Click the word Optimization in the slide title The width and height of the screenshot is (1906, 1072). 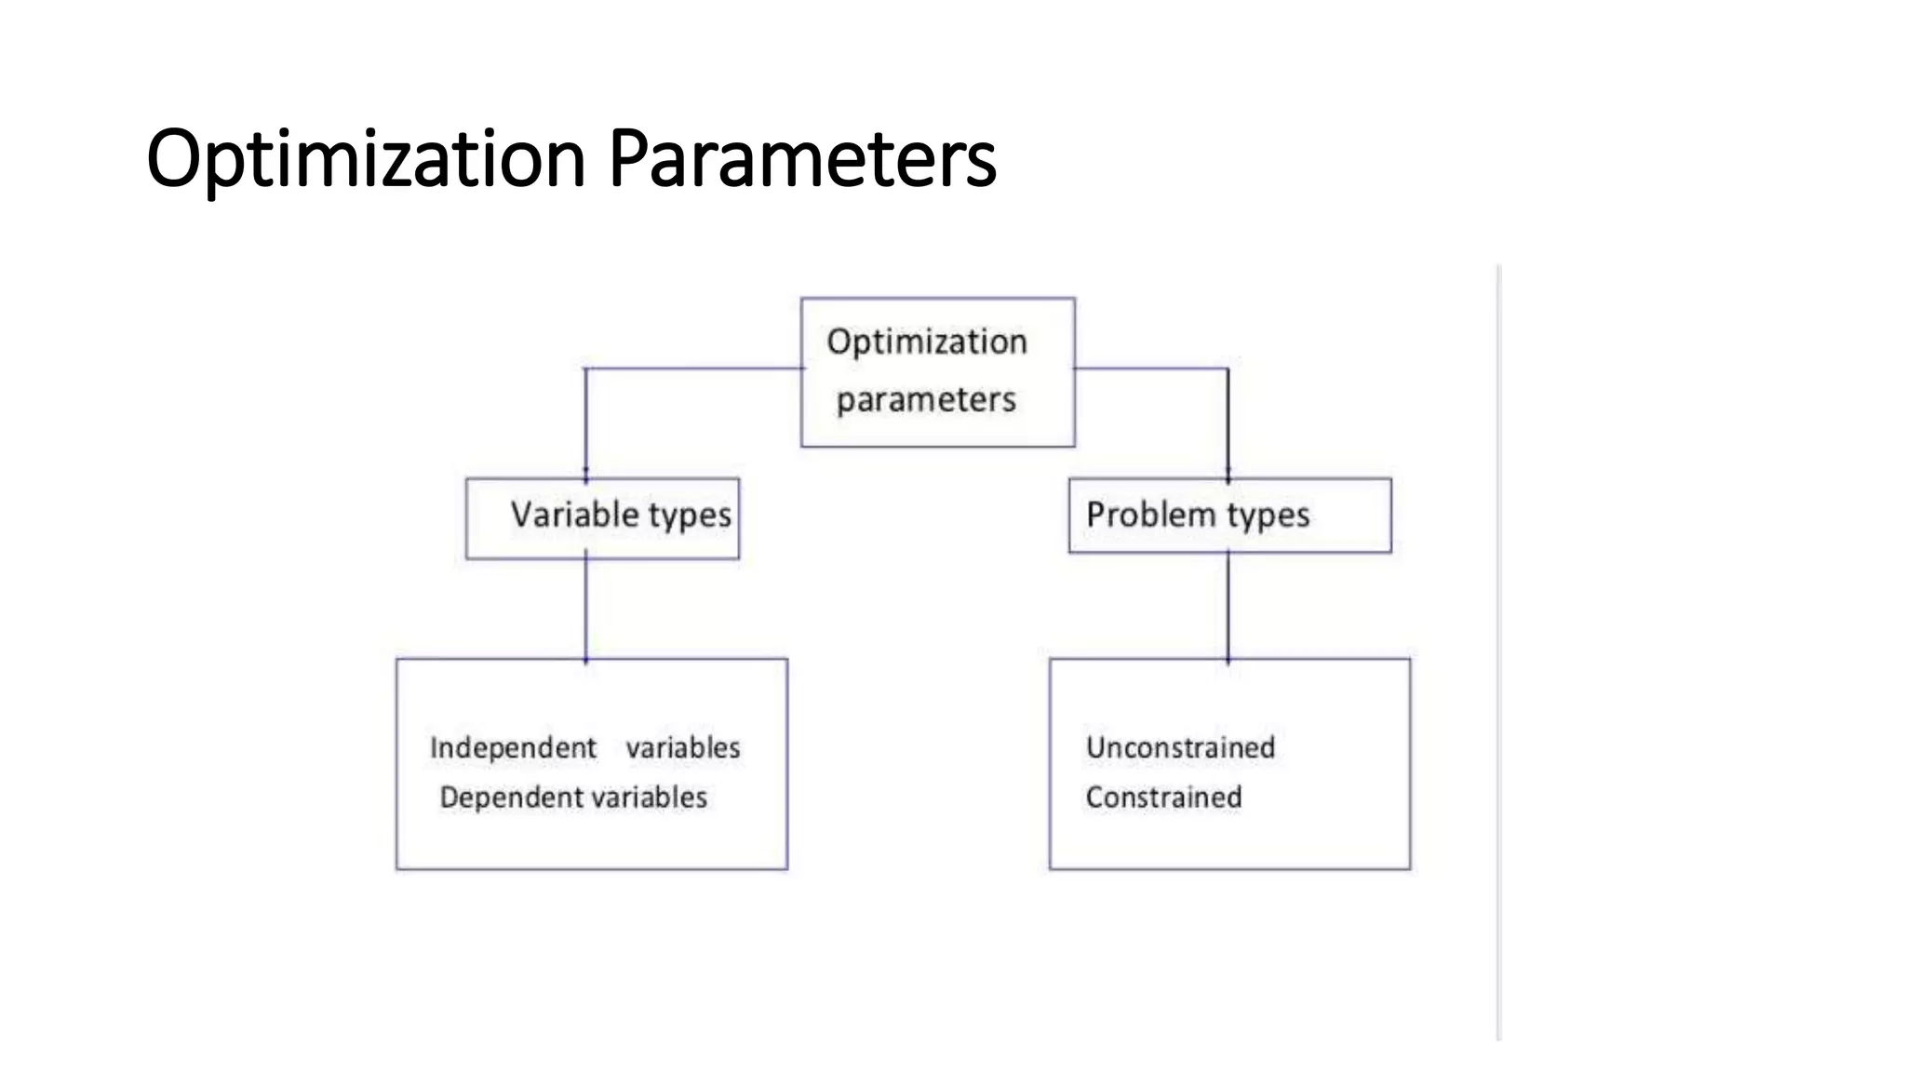coord(365,158)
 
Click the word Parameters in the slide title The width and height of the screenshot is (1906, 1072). coord(802,158)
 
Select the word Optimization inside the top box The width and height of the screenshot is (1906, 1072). coord(927,342)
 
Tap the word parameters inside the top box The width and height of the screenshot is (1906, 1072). coord(926,399)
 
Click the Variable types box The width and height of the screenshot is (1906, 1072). coord(602,517)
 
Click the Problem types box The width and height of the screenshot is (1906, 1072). coord(1229,516)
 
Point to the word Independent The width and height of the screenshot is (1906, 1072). coord(513,747)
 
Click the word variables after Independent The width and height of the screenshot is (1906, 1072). coord(683,747)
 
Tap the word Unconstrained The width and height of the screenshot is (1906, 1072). coord(1180,747)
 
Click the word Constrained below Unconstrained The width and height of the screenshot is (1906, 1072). coord(1163,797)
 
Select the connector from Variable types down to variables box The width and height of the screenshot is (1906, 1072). coord(585,610)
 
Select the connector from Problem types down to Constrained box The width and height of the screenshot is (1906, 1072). coord(1228,607)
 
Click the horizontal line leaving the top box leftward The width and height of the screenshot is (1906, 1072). coord(693,368)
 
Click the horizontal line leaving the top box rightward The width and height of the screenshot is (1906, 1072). coord(1151,368)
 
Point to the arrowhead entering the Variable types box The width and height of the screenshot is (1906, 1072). coord(585,476)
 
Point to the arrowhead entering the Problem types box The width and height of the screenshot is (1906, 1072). coord(1228,476)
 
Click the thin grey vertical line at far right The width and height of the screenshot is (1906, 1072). coord(1499,651)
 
